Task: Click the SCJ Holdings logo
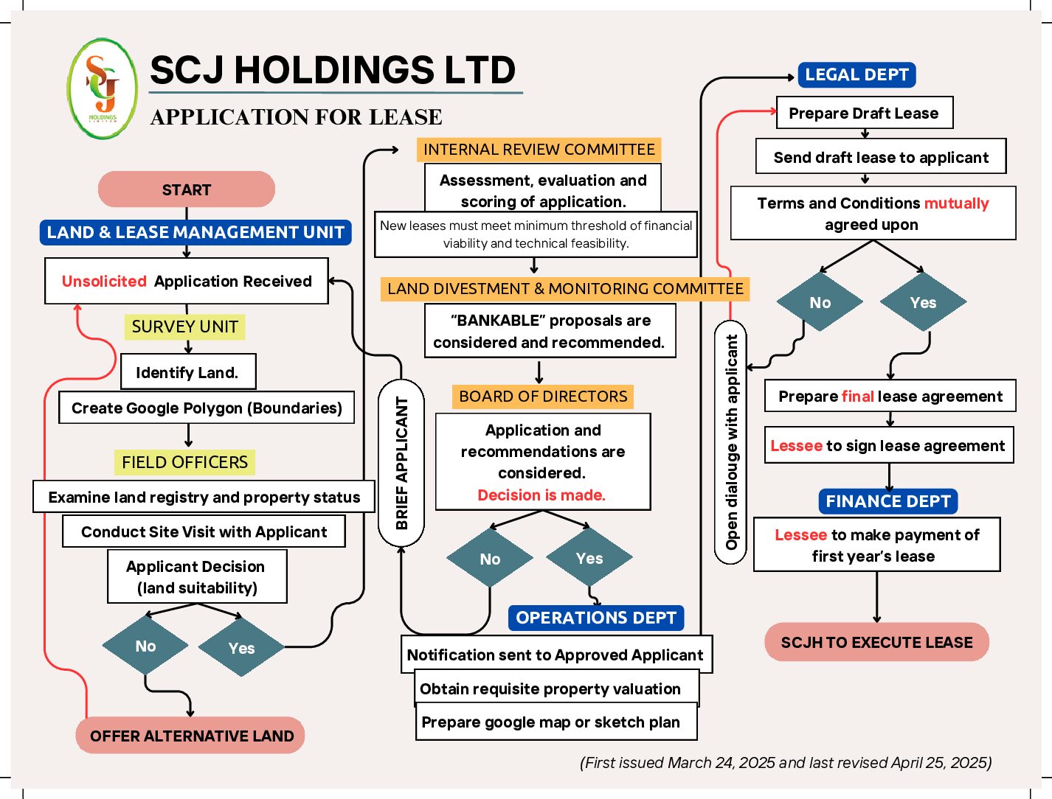tap(103, 89)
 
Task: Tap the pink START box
tap(186, 189)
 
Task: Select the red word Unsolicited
tap(104, 281)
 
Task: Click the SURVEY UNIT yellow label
tap(184, 327)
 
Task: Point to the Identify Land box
tap(187, 372)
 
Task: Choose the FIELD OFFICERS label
tap(184, 462)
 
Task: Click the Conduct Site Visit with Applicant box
tap(204, 531)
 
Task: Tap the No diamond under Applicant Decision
tap(145, 646)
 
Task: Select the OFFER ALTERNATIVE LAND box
tap(191, 736)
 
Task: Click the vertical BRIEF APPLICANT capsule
tap(401, 463)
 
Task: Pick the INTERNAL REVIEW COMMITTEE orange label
tap(539, 150)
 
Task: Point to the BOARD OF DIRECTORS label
tap(543, 397)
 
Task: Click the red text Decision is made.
tap(541, 495)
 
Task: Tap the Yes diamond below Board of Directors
tap(589, 558)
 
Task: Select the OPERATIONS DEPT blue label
tap(595, 618)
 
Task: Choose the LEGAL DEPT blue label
tap(857, 74)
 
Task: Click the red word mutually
tap(956, 203)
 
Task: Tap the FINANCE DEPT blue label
tap(888, 501)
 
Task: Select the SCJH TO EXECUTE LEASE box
tap(876, 642)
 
